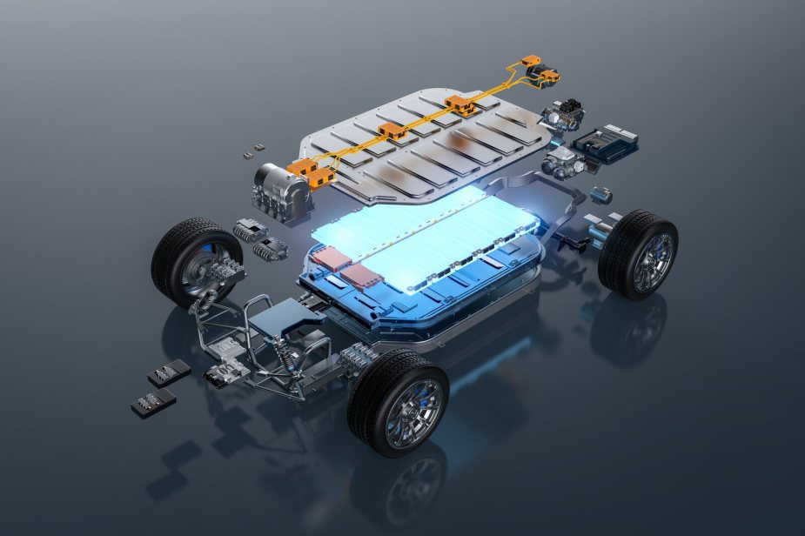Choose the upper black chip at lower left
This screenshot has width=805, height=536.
pyautogui.click(x=169, y=372)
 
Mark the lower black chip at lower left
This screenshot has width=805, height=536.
pyautogui.click(x=152, y=401)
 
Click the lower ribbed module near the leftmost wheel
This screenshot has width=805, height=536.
pyautogui.click(x=269, y=249)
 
